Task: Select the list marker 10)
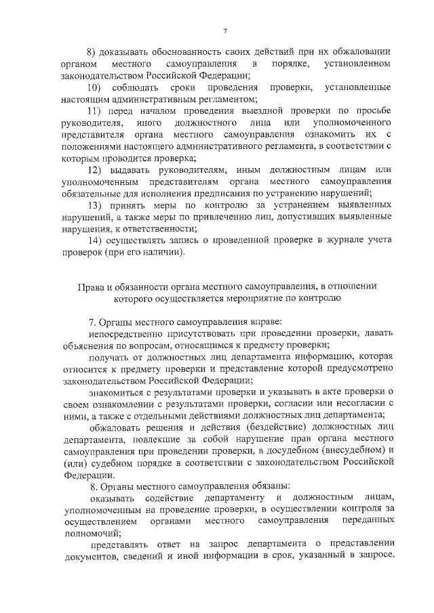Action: [95, 88]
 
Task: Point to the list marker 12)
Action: [95, 169]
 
